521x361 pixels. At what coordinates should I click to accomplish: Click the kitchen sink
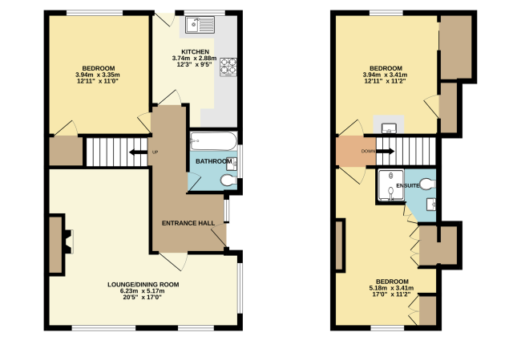[200, 25]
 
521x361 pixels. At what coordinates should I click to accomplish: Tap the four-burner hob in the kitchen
[228, 67]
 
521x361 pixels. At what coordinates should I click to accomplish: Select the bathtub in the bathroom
[213, 141]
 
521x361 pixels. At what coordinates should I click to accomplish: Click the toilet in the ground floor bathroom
[228, 180]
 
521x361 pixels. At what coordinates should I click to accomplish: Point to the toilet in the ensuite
[428, 185]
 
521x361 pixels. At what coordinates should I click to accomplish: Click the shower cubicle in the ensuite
[391, 185]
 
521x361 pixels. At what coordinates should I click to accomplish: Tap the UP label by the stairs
[155, 152]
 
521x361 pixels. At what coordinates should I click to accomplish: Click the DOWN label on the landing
[368, 152]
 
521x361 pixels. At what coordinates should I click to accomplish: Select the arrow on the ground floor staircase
[138, 152]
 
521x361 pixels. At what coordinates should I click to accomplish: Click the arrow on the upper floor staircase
[385, 152]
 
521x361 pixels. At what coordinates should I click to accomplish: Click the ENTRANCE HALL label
[188, 223]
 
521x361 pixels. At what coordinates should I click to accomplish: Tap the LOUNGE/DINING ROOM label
[143, 285]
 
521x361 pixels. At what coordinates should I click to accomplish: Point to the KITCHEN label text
[196, 52]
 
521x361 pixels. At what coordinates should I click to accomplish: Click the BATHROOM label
[214, 161]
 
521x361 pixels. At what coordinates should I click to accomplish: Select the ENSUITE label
[408, 186]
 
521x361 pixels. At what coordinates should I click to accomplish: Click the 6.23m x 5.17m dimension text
[143, 291]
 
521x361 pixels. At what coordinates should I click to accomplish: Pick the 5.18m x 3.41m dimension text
[391, 288]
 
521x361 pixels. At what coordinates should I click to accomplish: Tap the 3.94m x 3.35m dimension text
[98, 75]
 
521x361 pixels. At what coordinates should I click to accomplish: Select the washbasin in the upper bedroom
[389, 128]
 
